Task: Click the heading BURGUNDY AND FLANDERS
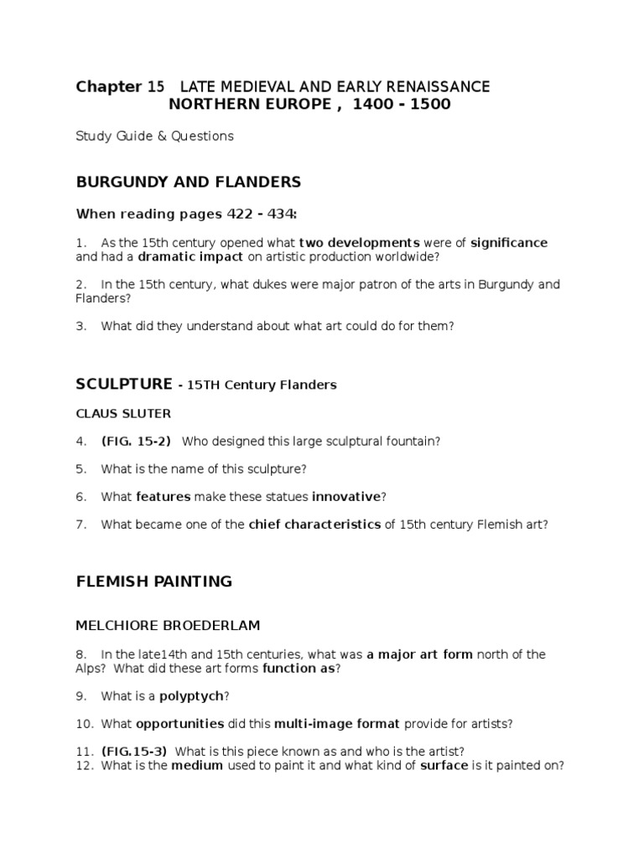(189, 182)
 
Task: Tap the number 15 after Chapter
(156, 86)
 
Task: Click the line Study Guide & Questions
(155, 135)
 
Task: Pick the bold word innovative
(346, 497)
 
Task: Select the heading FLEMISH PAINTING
(154, 581)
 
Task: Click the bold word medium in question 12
(197, 765)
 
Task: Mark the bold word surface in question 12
(444, 765)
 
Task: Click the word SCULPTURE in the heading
(122, 384)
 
